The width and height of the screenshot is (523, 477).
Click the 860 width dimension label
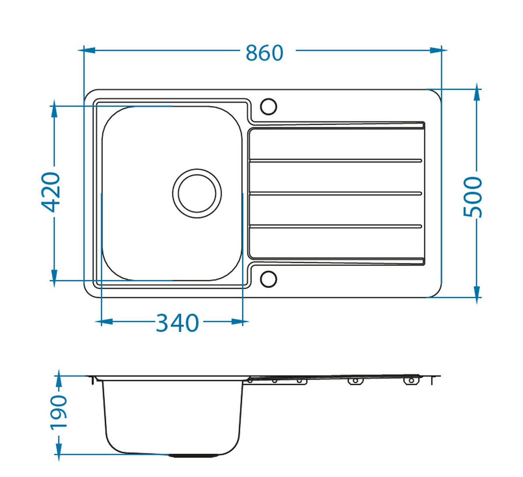point(265,53)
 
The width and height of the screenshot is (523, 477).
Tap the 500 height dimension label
point(473,197)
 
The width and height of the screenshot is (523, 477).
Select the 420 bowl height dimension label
point(51,192)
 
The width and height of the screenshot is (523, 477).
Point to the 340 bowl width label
point(177,323)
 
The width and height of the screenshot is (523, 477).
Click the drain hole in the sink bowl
point(197,193)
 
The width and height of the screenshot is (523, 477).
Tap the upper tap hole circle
point(268,106)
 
